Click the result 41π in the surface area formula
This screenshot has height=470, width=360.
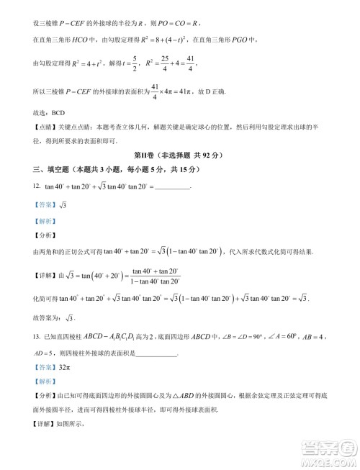tap(199, 91)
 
